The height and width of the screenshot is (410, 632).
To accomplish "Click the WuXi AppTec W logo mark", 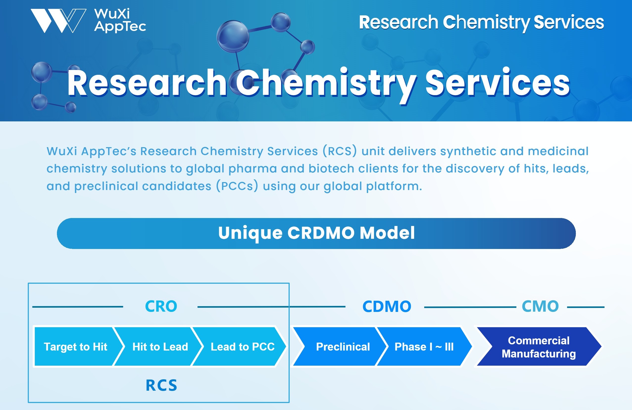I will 58,21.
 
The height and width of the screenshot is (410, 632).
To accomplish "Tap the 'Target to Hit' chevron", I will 76,347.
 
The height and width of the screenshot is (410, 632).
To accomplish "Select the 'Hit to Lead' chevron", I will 160,347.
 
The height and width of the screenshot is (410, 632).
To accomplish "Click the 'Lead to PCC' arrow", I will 242,347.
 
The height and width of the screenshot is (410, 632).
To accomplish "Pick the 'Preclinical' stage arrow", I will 343,347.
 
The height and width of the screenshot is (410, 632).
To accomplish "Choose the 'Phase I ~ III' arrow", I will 424,347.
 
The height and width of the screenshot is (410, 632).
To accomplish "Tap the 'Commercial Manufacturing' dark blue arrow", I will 538,347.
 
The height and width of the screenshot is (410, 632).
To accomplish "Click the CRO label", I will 161,306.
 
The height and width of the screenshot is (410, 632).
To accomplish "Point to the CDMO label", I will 387,306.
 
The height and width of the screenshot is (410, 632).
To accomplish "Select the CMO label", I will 540,306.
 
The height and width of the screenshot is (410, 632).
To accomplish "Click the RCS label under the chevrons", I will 161,385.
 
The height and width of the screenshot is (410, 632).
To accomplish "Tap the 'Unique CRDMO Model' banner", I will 316,233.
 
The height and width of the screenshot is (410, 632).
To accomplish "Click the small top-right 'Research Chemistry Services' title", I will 481,22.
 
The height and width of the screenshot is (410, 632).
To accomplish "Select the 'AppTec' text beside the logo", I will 120,27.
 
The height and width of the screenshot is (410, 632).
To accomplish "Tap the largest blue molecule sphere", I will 233,36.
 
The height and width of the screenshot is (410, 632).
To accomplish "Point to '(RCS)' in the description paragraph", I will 340,151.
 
